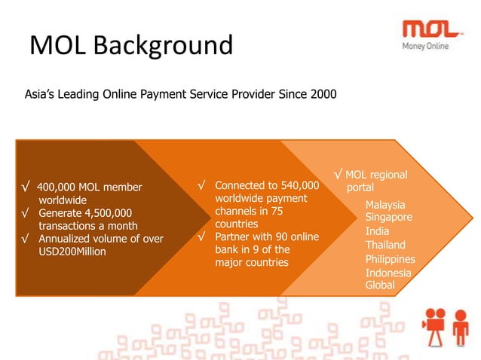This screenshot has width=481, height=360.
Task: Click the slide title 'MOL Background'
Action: [x=131, y=46]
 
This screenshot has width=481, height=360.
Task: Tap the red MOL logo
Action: [x=431, y=29]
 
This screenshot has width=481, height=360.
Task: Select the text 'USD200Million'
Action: [x=72, y=252]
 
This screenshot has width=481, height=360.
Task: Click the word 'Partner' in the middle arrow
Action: [x=233, y=237]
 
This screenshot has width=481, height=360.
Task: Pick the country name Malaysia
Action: [x=384, y=205]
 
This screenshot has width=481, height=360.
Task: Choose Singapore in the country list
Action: [x=388, y=217]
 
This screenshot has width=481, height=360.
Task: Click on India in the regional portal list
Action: [x=377, y=231]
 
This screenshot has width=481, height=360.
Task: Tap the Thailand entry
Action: [x=385, y=245]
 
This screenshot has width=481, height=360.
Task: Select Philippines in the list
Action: [x=390, y=259]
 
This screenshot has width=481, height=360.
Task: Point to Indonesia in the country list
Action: [x=388, y=273]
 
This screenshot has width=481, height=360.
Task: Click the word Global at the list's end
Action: [x=380, y=285]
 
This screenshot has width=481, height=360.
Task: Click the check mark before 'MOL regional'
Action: [x=339, y=175]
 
